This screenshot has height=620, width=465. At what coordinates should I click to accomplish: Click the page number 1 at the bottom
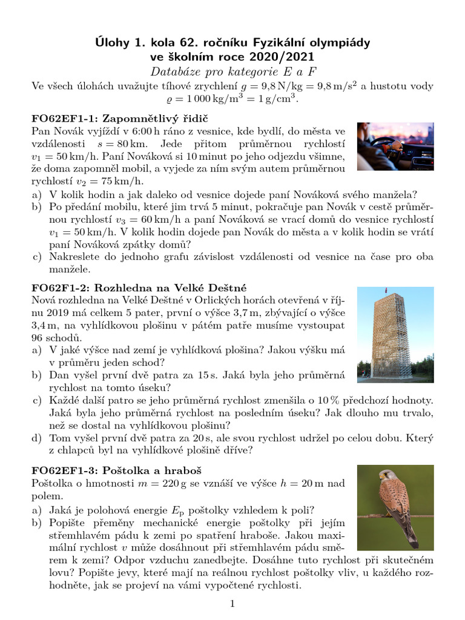pos(232,604)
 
